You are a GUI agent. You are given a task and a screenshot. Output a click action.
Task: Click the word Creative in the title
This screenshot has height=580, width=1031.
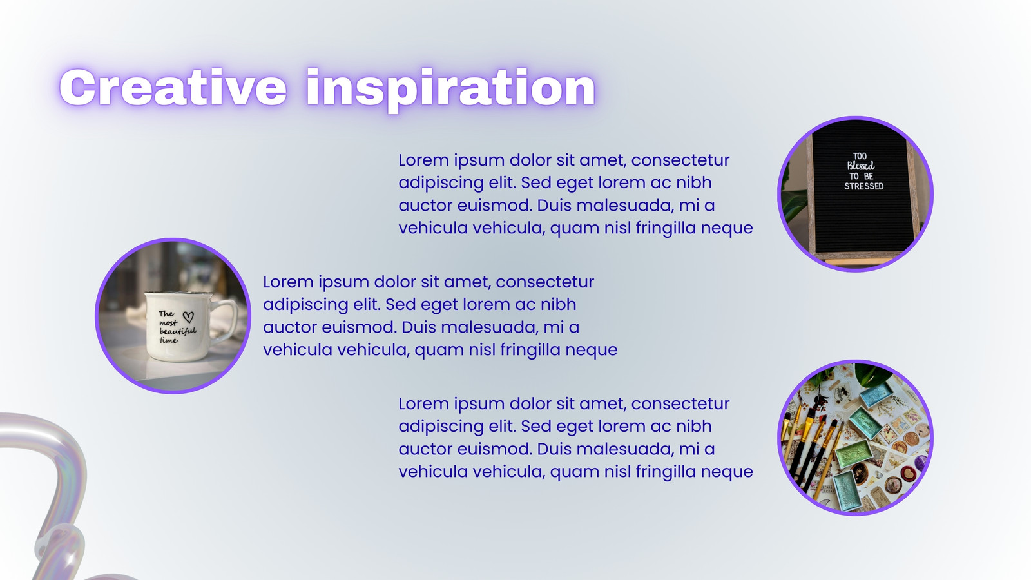coord(173,88)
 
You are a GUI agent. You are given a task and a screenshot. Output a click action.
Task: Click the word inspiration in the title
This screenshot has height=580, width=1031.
coord(450,90)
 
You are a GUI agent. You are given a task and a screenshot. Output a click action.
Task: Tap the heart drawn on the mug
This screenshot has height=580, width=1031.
coord(188,316)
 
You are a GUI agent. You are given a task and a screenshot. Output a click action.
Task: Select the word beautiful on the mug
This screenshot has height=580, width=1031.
coord(178,331)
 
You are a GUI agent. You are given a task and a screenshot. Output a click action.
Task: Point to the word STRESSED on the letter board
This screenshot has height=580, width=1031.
coord(863,186)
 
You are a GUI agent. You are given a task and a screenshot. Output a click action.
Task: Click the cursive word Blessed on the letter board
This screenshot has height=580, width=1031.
coord(861,166)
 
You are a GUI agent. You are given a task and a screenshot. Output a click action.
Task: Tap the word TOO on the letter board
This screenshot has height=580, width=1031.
coord(860,156)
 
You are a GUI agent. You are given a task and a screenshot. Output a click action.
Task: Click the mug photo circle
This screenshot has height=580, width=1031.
coord(173,316)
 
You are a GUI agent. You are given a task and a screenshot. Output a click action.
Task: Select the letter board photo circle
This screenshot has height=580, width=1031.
coord(855,194)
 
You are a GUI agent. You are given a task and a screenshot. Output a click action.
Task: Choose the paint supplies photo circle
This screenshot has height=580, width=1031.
coord(855,438)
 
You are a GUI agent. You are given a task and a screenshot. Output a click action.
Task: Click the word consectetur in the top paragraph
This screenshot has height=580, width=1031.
coord(680,160)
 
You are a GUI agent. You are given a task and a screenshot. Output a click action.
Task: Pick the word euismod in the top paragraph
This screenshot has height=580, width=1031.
coord(494,206)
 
